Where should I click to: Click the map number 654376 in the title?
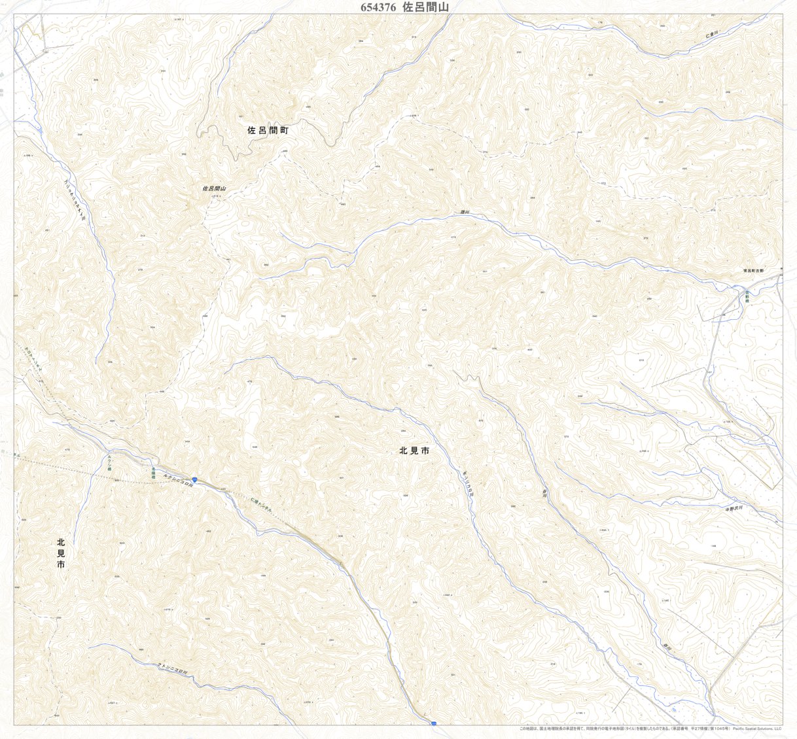coord(378,7)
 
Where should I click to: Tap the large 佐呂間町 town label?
coord(268,130)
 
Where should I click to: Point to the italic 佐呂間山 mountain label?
coord(213,188)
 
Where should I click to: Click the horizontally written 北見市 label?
coord(414,451)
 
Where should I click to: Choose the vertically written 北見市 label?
coord(61,553)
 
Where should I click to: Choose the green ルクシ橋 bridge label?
coord(111,462)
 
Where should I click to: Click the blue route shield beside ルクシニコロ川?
coord(195,479)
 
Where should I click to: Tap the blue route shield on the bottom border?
coord(433,723)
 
